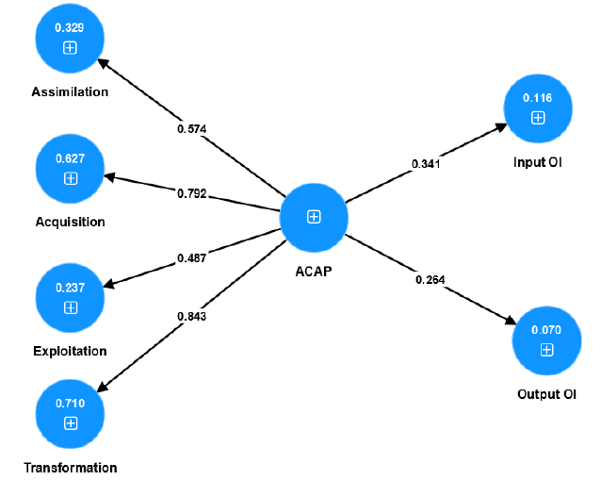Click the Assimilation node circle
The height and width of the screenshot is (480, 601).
click(x=70, y=39)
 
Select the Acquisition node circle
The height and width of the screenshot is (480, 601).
click(x=70, y=169)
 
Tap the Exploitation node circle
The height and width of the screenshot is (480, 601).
click(x=70, y=298)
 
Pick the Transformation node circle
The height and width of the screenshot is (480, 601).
click(x=70, y=414)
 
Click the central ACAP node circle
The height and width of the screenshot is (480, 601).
click(x=314, y=217)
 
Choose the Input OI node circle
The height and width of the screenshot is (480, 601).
click(x=537, y=108)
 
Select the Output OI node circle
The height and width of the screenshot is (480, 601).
click(x=546, y=340)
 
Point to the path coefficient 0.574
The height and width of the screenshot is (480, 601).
click(x=192, y=128)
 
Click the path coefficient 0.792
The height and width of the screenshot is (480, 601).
click(x=192, y=193)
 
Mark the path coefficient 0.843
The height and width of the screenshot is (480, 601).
click(x=192, y=317)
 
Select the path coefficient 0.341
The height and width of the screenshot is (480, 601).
click(x=426, y=164)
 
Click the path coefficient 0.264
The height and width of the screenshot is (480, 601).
click(x=430, y=279)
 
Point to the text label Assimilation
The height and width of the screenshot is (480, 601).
click(x=70, y=92)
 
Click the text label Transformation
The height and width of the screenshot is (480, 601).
click(x=70, y=468)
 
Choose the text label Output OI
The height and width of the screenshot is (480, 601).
click(x=546, y=394)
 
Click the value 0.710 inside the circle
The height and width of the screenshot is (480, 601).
click(x=70, y=404)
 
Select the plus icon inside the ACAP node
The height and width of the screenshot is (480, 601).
click(x=314, y=217)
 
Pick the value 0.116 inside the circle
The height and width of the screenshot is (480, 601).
click(x=537, y=98)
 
